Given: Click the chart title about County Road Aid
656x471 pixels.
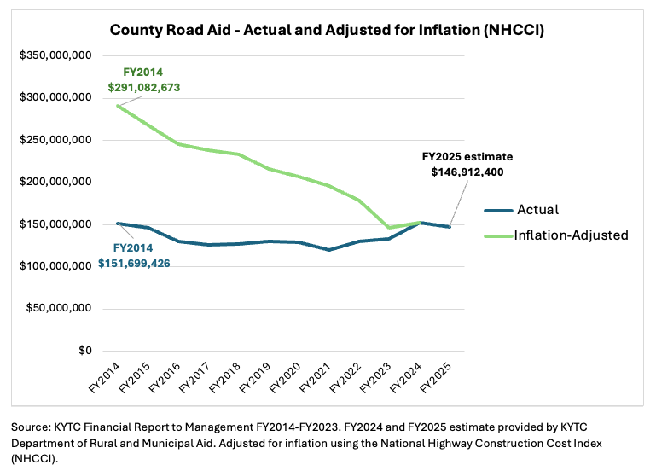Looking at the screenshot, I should [328, 31].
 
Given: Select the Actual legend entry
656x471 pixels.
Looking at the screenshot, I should [535, 210].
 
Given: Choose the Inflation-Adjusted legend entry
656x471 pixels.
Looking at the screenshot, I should [569, 235].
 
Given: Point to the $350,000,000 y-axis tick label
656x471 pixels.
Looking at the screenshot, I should [56, 55].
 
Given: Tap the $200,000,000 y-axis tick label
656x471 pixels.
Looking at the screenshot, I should [56, 183].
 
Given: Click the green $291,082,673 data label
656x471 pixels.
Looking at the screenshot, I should [144, 87].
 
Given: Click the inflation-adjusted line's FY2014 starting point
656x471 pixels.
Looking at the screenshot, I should [119, 105].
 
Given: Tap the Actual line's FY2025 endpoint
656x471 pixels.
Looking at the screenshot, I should [450, 227].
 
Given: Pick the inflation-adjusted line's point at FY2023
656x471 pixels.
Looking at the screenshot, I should [390, 228].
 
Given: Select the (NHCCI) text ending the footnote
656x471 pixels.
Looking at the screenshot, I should [36, 457].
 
